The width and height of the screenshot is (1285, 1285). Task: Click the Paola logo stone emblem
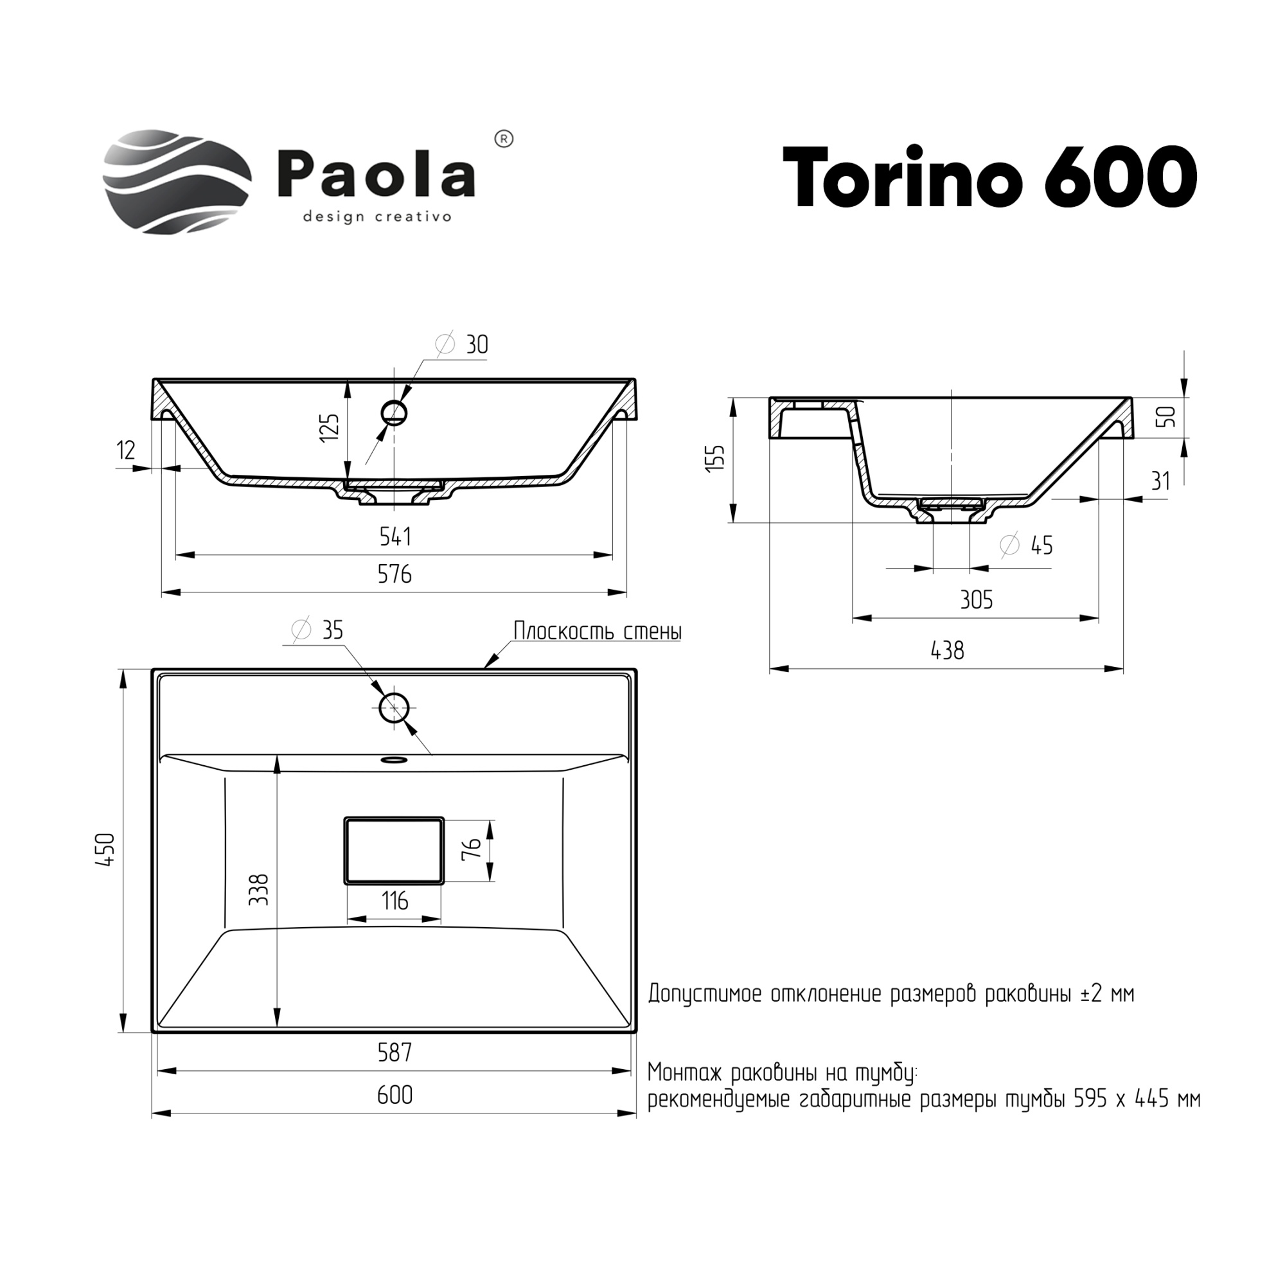[176, 182]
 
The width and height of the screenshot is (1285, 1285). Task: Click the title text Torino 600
[989, 178]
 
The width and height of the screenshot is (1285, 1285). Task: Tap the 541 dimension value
[395, 536]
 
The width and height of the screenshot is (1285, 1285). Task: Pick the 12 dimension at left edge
[126, 450]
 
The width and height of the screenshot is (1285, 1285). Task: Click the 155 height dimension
[716, 458]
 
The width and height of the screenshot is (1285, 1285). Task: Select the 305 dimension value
[977, 601]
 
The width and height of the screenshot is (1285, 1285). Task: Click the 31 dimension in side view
[1160, 481]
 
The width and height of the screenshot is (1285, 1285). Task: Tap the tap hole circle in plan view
[393, 707]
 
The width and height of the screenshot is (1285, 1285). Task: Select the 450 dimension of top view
[107, 850]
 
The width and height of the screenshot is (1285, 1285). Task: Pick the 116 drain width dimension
[394, 902]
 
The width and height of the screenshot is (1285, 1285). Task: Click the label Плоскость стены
[598, 631]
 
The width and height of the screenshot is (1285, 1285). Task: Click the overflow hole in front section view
[393, 413]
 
